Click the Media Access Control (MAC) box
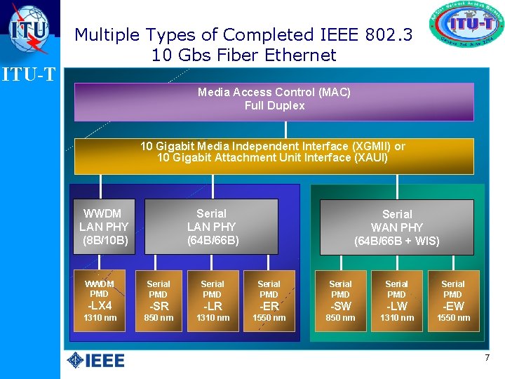(x=274, y=101)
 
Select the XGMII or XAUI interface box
(x=274, y=156)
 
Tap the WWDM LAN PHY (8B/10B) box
(x=104, y=226)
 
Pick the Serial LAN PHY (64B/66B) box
(x=211, y=226)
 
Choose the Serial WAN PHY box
(x=396, y=227)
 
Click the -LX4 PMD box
(x=100, y=300)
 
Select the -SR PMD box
(x=159, y=300)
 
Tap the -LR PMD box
(x=213, y=300)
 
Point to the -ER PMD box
(x=269, y=300)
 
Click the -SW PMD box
(x=340, y=300)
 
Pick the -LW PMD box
(x=396, y=300)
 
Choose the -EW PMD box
(x=453, y=300)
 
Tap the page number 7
(x=487, y=359)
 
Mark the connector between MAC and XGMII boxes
(x=285, y=130)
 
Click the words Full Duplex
(x=274, y=106)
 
